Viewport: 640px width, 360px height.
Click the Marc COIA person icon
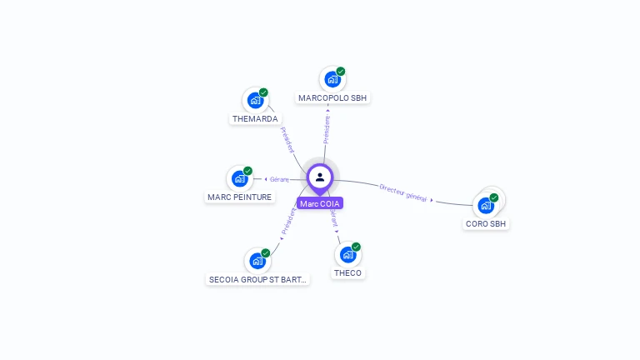(320, 177)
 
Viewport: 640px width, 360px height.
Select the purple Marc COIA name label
(320, 203)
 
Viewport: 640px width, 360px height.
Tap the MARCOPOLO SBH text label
(333, 97)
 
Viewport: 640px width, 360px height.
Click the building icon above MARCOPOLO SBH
(332, 79)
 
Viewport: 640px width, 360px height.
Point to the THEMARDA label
(255, 118)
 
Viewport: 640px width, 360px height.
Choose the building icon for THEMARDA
(255, 100)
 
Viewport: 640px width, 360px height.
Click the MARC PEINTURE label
(239, 197)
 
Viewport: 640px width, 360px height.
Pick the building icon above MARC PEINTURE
(240, 178)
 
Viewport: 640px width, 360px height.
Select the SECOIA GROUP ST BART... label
(257, 279)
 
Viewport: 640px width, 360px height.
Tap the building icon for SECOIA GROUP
(257, 261)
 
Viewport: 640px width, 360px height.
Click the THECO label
(347, 272)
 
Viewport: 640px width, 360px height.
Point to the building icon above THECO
(347, 254)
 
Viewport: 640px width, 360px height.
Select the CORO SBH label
(486, 223)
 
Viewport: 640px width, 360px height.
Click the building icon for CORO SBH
(486, 205)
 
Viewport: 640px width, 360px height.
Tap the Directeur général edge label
(403, 192)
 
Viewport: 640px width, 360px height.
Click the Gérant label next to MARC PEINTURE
(278, 179)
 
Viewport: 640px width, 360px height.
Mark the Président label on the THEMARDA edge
(287, 140)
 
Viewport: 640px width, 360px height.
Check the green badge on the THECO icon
(356, 247)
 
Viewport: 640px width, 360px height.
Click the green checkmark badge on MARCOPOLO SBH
(341, 72)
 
